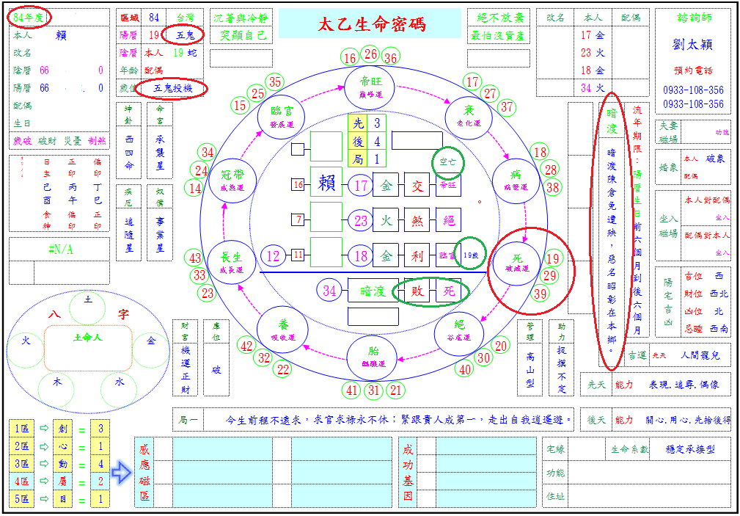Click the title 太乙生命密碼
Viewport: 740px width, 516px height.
pos(371,24)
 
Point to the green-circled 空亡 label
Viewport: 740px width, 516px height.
pos(447,163)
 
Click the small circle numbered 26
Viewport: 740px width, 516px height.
pos(370,54)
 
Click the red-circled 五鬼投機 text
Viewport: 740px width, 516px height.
pos(170,88)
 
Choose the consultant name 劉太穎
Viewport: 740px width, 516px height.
pos(692,44)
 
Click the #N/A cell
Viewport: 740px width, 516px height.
pos(59,249)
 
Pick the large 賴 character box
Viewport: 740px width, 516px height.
pos(326,184)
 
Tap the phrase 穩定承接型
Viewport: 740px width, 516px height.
pos(690,449)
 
